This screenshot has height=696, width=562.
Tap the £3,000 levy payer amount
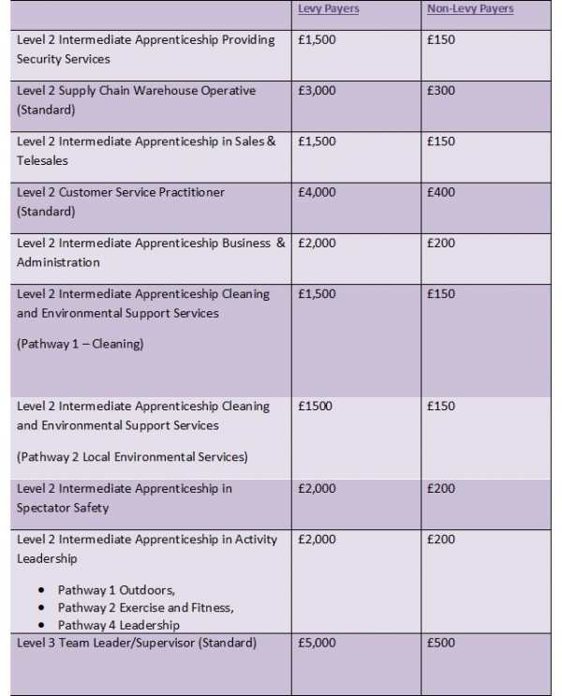[316, 91]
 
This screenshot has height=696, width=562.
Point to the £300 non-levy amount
[440, 91]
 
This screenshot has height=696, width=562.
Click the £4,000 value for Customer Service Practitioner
[316, 192]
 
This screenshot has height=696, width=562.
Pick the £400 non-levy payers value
[440, 192]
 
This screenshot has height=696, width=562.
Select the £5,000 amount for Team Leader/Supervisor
[316, 643]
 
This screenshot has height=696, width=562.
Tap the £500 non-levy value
[440, 643]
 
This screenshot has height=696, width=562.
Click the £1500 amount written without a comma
[314, 407]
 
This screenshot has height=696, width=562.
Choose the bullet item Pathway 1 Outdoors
[115, 590]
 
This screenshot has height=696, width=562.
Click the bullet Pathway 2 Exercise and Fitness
[145, 608]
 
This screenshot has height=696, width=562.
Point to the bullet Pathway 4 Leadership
[118, 625]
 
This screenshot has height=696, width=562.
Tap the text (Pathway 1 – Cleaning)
[80, 344]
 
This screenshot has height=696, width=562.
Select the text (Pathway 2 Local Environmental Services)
[132, 457]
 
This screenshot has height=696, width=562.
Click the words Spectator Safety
[63, 508]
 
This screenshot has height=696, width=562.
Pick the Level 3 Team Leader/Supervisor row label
[136, 643]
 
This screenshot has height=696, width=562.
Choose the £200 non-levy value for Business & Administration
[440, 243]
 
